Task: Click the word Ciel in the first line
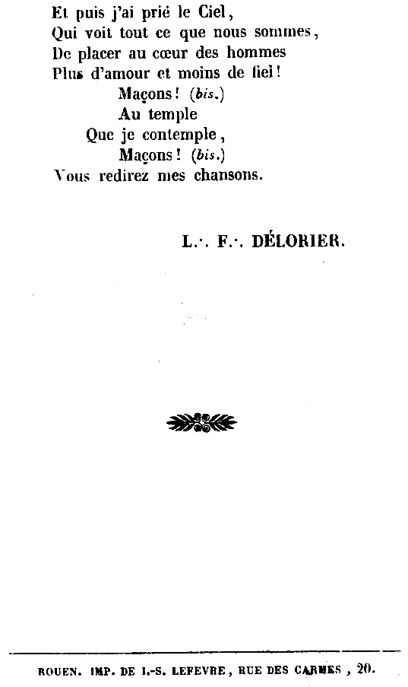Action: click(x=212, y=12)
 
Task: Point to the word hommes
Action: click(x=256, y=52)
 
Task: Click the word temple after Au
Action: click(x=172, y=114)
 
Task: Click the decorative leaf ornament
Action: click(x=201, y=423)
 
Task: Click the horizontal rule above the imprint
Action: click(x=204, y=653)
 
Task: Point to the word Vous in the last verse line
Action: click(x=71, y=176)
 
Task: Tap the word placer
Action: click(x=99, y=54)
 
